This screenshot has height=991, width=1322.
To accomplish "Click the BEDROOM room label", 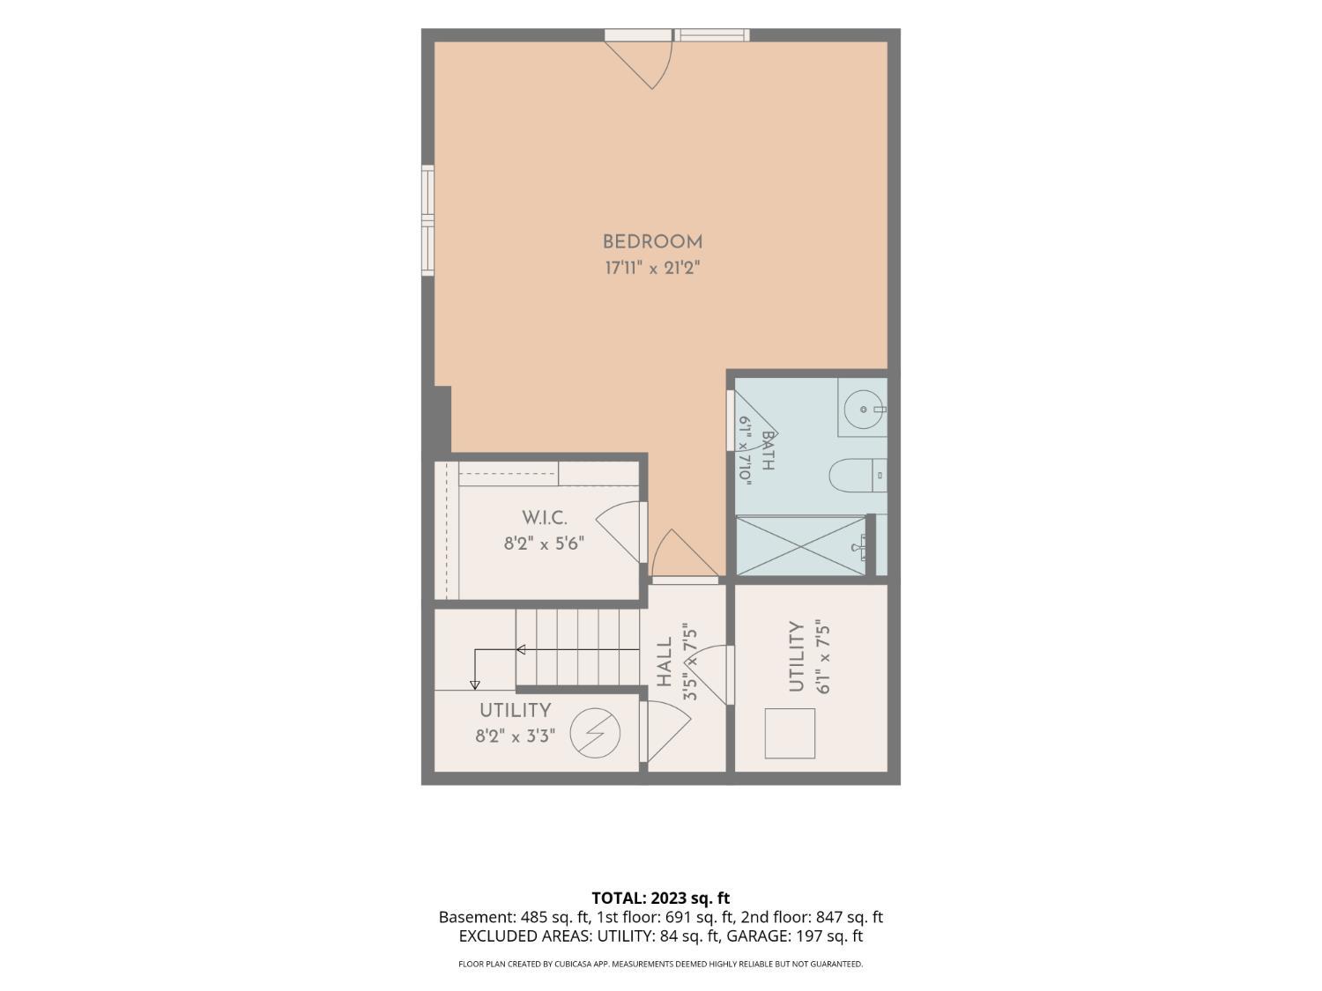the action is tap(652, 242).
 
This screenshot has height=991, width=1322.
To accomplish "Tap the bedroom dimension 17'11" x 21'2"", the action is tap(652, 268).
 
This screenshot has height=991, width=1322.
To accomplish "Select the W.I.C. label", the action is tap(544, 517).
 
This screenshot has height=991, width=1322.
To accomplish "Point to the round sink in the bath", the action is tap(863, 409).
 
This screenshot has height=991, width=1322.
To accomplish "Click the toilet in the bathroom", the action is tap(858, 476).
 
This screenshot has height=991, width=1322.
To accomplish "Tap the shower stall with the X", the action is tap(801, 546).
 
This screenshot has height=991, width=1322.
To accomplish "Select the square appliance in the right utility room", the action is tap(790, 734).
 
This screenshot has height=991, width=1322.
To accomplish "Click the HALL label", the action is tap(664, 662).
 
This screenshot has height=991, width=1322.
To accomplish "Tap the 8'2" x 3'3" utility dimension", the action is tap(515, 736).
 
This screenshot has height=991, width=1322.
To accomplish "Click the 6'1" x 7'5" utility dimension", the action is tap(822, 660).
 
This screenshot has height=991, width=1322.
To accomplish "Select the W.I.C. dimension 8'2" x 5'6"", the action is tap(544, 544).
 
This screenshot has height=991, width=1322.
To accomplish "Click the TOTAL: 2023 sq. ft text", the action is tap(661, 899).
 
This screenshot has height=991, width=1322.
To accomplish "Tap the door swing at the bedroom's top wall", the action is tap(638, 65).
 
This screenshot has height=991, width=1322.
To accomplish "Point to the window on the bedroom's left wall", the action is tap(427, 220).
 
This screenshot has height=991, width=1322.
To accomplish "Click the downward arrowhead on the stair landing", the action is tap(474, 684).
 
